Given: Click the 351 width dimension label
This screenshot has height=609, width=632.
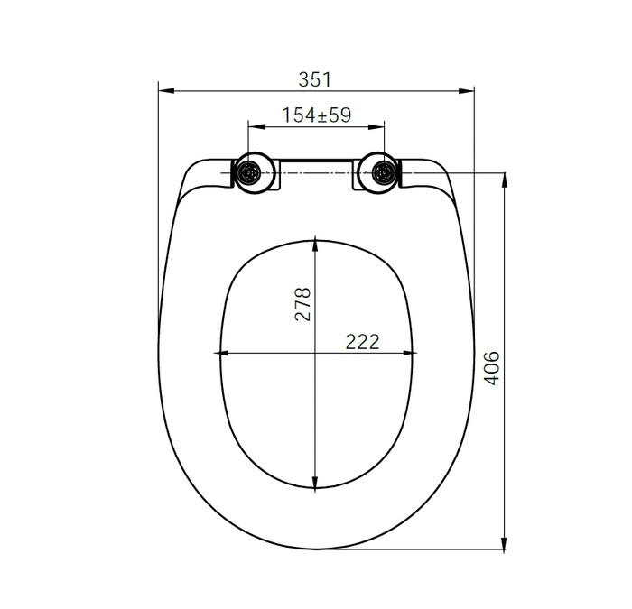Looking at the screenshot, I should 315,78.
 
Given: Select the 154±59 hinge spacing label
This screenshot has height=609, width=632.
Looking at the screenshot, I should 316,115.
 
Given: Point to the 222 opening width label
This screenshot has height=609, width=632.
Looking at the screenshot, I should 361,341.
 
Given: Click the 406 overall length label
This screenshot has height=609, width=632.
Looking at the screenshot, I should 492,368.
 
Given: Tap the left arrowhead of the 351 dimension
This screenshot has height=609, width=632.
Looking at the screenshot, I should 163,89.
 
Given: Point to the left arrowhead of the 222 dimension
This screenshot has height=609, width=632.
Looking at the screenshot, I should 218,353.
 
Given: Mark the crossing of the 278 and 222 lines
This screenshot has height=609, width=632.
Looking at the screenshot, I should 314,353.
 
